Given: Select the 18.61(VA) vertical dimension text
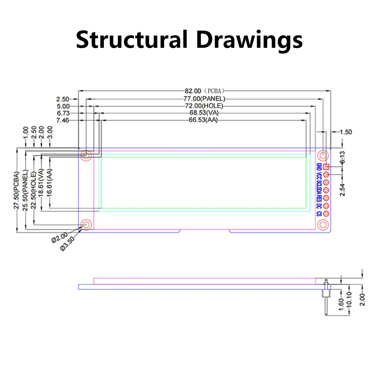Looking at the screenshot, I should click(x=41, y=183).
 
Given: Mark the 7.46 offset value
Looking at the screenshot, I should click(x=63, y=120).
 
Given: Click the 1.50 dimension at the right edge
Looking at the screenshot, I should click(x=346, y=132).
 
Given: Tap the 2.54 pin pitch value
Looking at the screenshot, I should click(x=342, y=188).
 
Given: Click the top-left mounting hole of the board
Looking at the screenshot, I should click(x=86, y=155).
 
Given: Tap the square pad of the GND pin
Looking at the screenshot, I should click(x=326, y=167).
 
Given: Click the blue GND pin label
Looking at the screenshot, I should click(x=319, y=167).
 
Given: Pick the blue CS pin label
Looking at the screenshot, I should click(x=319, y=213).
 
